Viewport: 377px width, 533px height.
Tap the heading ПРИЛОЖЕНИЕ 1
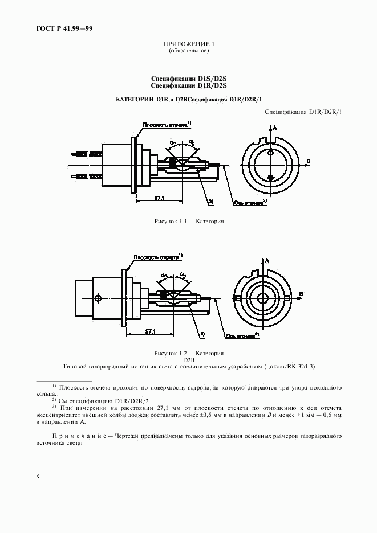coord(188,44)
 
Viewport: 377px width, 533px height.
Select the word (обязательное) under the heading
coord(188,51)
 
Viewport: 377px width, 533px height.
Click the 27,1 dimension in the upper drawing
coord(160,198)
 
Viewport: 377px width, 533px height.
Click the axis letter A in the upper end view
coord(275,128)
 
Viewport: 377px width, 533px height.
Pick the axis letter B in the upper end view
coord(309,162)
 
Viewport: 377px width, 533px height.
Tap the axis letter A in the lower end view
coord(267,260)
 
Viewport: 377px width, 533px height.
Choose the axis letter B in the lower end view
coord(301,293)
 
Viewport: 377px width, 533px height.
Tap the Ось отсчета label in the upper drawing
coord(249,202)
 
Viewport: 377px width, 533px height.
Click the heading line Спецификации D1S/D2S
coord(188,79)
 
